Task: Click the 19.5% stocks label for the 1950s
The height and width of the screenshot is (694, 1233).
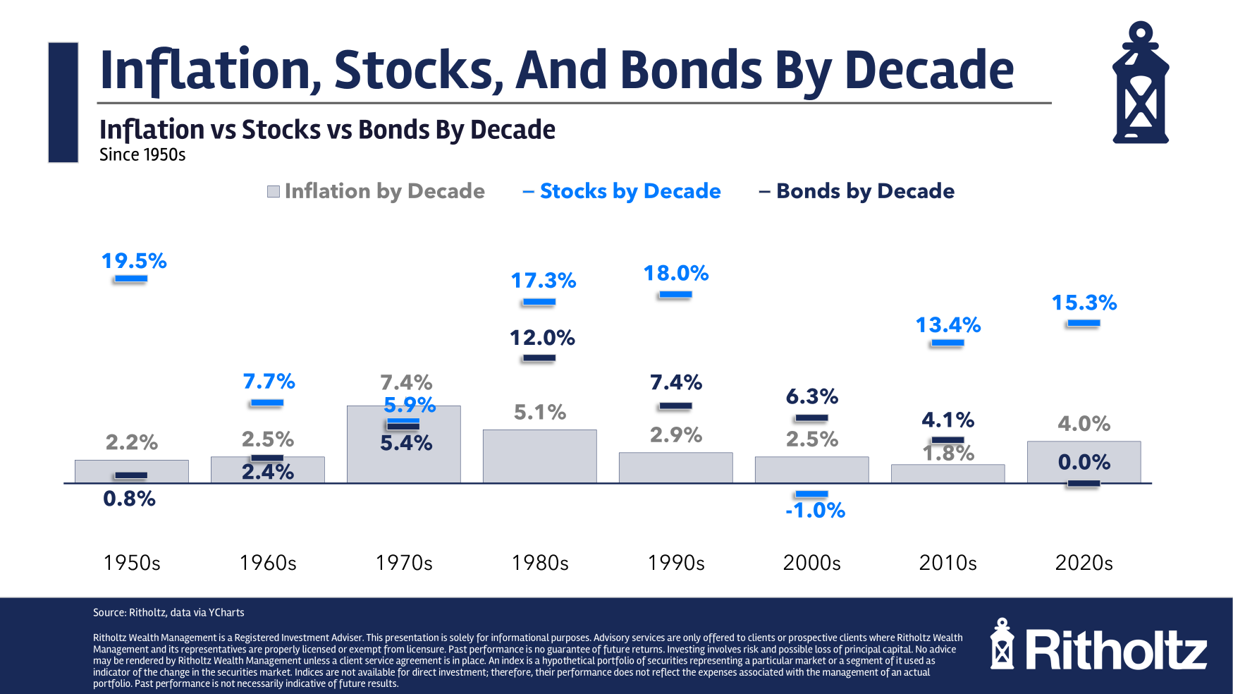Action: click(x=134, y=261)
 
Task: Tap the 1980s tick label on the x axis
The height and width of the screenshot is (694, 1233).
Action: click(x=540, y=563)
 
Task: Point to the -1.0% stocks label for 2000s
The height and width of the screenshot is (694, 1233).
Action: click(x=815, y=510)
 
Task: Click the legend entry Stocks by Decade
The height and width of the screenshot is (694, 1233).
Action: click(x=622, y=191)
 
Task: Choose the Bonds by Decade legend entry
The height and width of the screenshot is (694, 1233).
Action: click(x=857, y=191)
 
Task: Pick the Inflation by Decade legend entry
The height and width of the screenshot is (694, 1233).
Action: click(x=376, y=191)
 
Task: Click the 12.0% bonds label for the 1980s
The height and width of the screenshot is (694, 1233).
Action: click(x=542, y=338)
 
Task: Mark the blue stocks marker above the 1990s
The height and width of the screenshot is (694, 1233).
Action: click(x=675, y=295)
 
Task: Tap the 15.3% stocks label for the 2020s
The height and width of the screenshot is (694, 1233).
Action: click(x=1084, y=303)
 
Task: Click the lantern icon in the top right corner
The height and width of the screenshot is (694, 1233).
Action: click(x=1141, y=83)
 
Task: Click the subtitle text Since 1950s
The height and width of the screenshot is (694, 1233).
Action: click(x=142, y=155)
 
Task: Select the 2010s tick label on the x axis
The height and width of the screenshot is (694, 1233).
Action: click(x=948, y=563)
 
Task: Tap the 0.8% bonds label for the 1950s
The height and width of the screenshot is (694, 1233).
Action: click(x=129, y=499)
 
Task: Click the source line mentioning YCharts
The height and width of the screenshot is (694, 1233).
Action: click(x=168, y=612)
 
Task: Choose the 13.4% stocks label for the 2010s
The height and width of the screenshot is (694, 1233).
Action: click(x=948, y=325)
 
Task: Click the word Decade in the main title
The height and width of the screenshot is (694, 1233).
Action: click(x=928, y=71)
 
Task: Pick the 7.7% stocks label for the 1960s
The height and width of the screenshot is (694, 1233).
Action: click(x=269, y=382)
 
